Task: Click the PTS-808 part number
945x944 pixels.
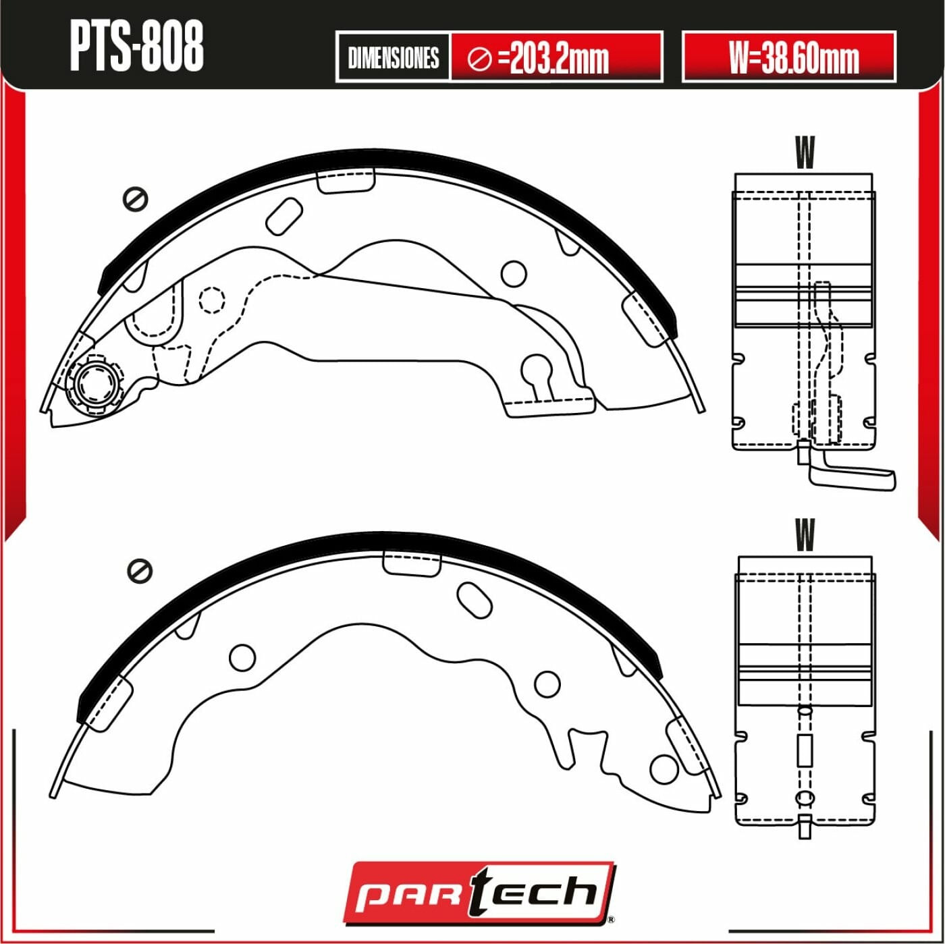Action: (x=136, y=47)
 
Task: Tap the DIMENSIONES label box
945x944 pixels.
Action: (x=394, y=57)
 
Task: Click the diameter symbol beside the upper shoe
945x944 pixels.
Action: (x=136, y=199)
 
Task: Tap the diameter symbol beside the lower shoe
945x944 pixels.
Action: (x=140, y=571)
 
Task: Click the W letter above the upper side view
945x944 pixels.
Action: (x=805, y=152)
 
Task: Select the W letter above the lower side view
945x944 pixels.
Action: (x=805, y=534)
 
